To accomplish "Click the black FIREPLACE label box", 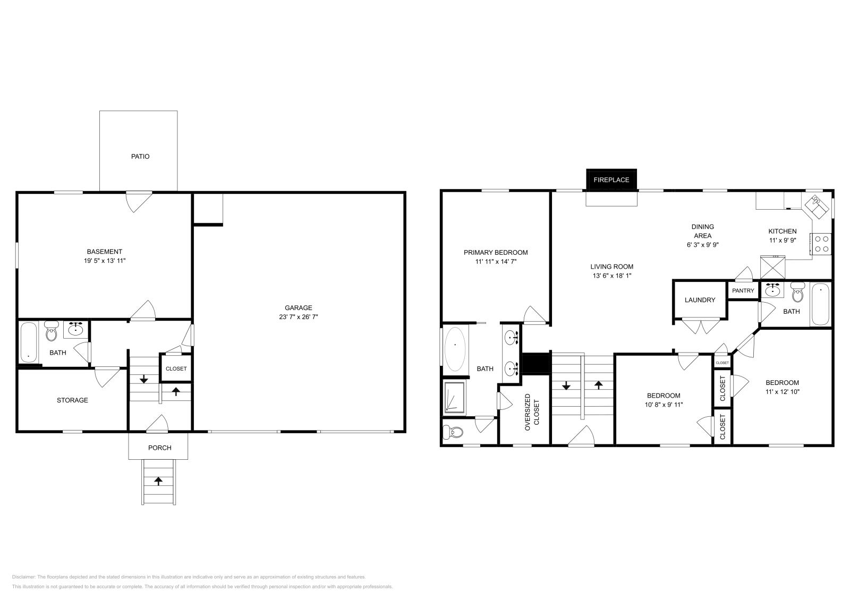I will (611, 179).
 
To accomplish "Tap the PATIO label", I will (140, 157).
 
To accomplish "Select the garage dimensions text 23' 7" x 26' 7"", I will (298, 317).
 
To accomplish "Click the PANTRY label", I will (743, 290).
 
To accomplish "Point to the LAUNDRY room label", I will (700, 300).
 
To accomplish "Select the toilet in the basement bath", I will (51, 333).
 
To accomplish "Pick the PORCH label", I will (159, 448).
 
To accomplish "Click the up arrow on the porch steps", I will (158, 481).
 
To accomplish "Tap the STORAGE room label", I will (72, 400).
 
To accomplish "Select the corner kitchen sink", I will (817, 205).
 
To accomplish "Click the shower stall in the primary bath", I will (455, 397).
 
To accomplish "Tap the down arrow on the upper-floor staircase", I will (566, 385).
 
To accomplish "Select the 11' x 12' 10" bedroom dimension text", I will (782, 392).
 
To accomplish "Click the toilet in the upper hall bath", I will (797, 293).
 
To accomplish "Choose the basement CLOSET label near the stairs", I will (176, 369).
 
